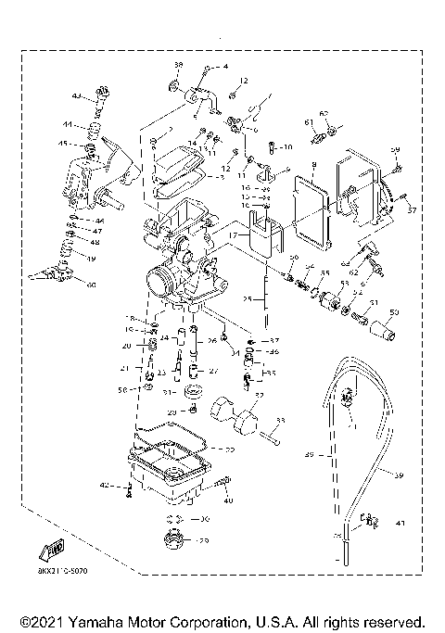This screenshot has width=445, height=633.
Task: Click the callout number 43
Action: click(x=77, y=95)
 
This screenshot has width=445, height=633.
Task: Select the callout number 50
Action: click(x=393, y=312)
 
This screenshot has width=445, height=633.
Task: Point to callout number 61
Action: click(x=308, y=121)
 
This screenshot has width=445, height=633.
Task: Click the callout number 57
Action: click(x=412, y=210)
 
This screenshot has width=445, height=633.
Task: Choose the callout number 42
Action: click(x=106, y=485)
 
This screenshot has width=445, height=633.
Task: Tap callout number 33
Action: click(x=280, y=421)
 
